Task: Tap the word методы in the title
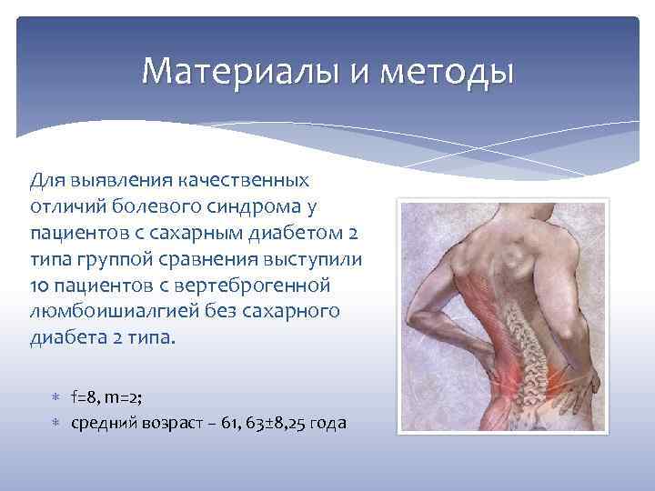(x=448, y=71)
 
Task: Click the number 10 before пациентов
(x=40, y=286)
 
